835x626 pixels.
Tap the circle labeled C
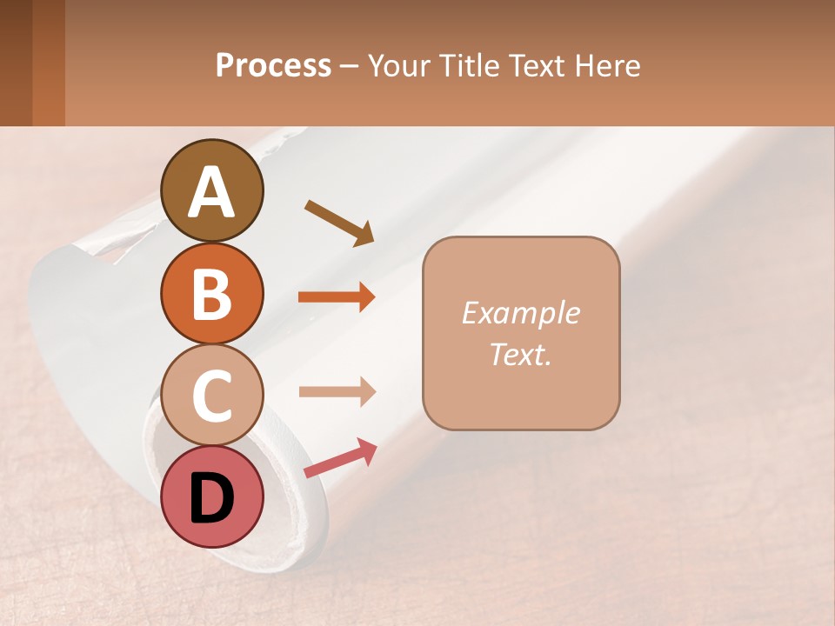click(x=212, y=395)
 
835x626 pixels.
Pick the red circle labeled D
click(x=212, y=496)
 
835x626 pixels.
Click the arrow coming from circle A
click(x=339, y=222)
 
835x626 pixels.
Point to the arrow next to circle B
click(x=337, y=297)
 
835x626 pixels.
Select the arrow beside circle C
click(x=337, y=391)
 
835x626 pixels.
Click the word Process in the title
click(x=273, y=65)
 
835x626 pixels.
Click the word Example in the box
click(x=520, y=313)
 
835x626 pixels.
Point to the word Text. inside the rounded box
click(x=520, y=354)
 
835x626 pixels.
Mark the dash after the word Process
click(x=350, y=67)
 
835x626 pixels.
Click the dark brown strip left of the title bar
click(x=17, y=63)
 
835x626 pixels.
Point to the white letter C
click(x=212, y=395)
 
